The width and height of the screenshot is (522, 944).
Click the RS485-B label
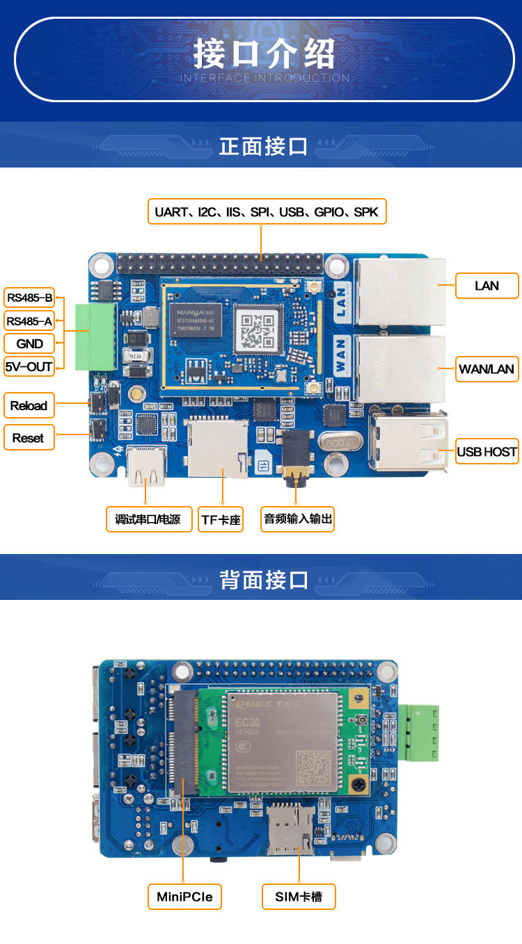[x=29, y=298]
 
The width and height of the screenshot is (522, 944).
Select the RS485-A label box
[x=29, y=320]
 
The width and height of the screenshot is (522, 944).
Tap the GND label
[x=29, y=343]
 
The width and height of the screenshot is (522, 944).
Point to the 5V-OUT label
[x=29, y=366]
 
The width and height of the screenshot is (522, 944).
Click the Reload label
[x=29, y=406]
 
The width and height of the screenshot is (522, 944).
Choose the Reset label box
[x=29, y=438]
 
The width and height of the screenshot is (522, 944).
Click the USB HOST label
[x=487, y=452]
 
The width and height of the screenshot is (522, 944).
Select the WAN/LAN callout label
[x=487, y=369]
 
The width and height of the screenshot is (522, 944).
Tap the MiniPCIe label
[x=184, y=897]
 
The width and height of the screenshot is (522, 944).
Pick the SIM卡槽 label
[x=299, y=897]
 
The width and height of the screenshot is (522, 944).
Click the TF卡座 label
[x=221, y=519]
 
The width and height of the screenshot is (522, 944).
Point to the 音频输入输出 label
[x=297, y=519]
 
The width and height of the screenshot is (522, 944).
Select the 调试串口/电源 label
[x=148, y=519]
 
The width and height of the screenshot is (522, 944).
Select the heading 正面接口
[x=263, y=147]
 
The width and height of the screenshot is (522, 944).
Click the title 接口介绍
[x=264, y=54]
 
